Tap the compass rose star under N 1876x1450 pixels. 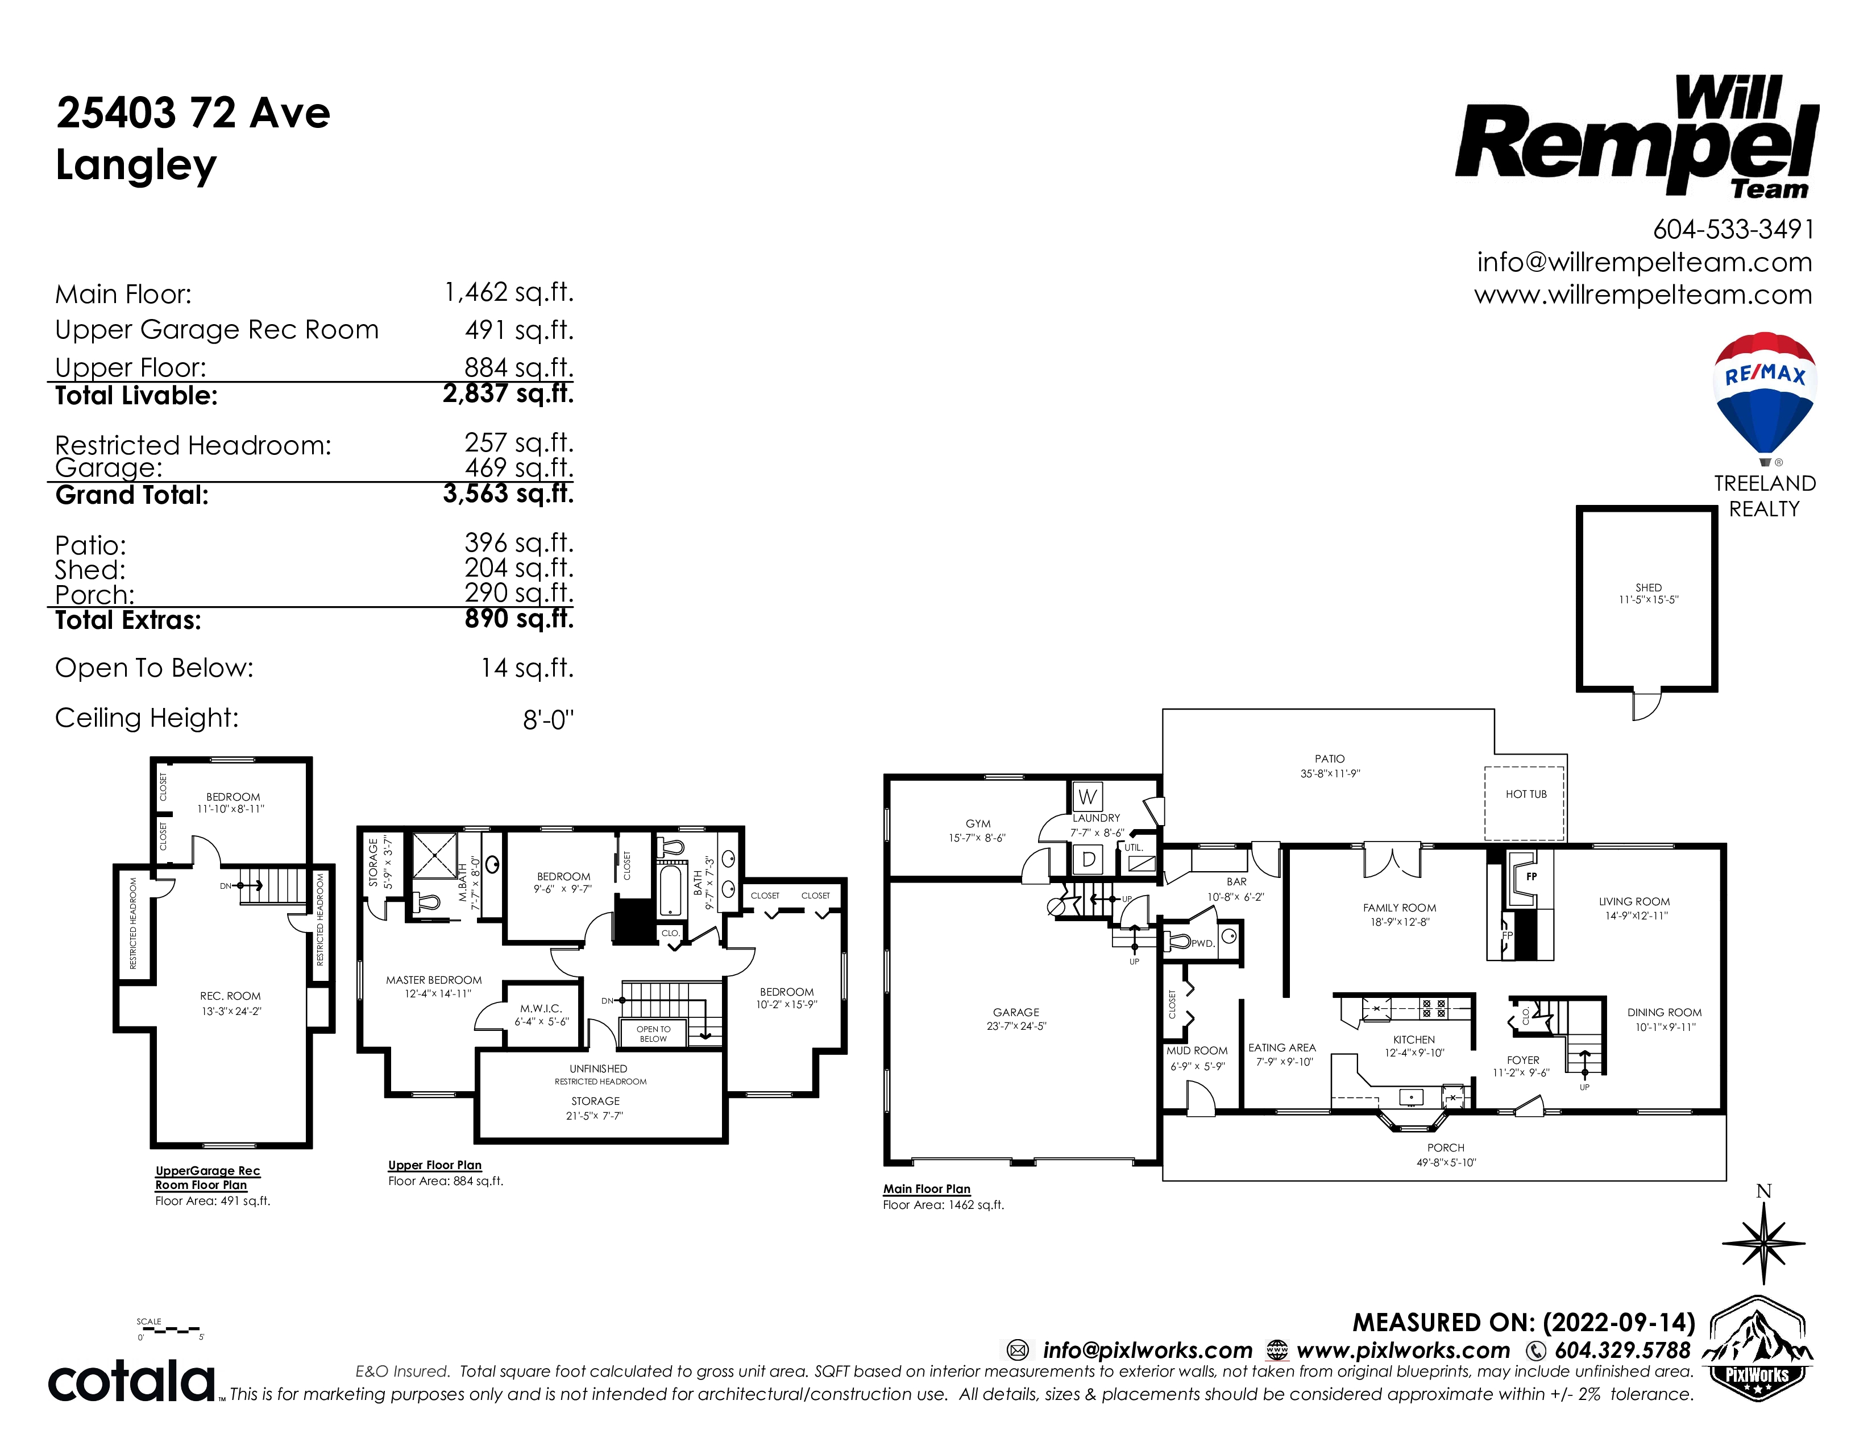[x=1763, y=1243]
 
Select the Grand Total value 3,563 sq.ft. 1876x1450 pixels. [x=509, y=494]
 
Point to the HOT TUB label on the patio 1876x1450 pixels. [x=1526, y=794]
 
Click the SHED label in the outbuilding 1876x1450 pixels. [x=1649, y=587]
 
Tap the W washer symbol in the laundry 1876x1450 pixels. [x=1088, y=796]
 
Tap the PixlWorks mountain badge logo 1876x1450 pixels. [x=1757, y=1349]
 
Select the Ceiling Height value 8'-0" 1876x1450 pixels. [x=548, y=720]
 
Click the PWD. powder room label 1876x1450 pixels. [x=1202, y=943]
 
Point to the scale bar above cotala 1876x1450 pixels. [x=170, y=1330]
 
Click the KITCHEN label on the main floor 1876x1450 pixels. [x=1414, y=1039]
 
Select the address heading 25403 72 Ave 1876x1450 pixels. [x=193, y=113]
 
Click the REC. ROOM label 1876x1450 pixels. [x=230, y=996]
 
